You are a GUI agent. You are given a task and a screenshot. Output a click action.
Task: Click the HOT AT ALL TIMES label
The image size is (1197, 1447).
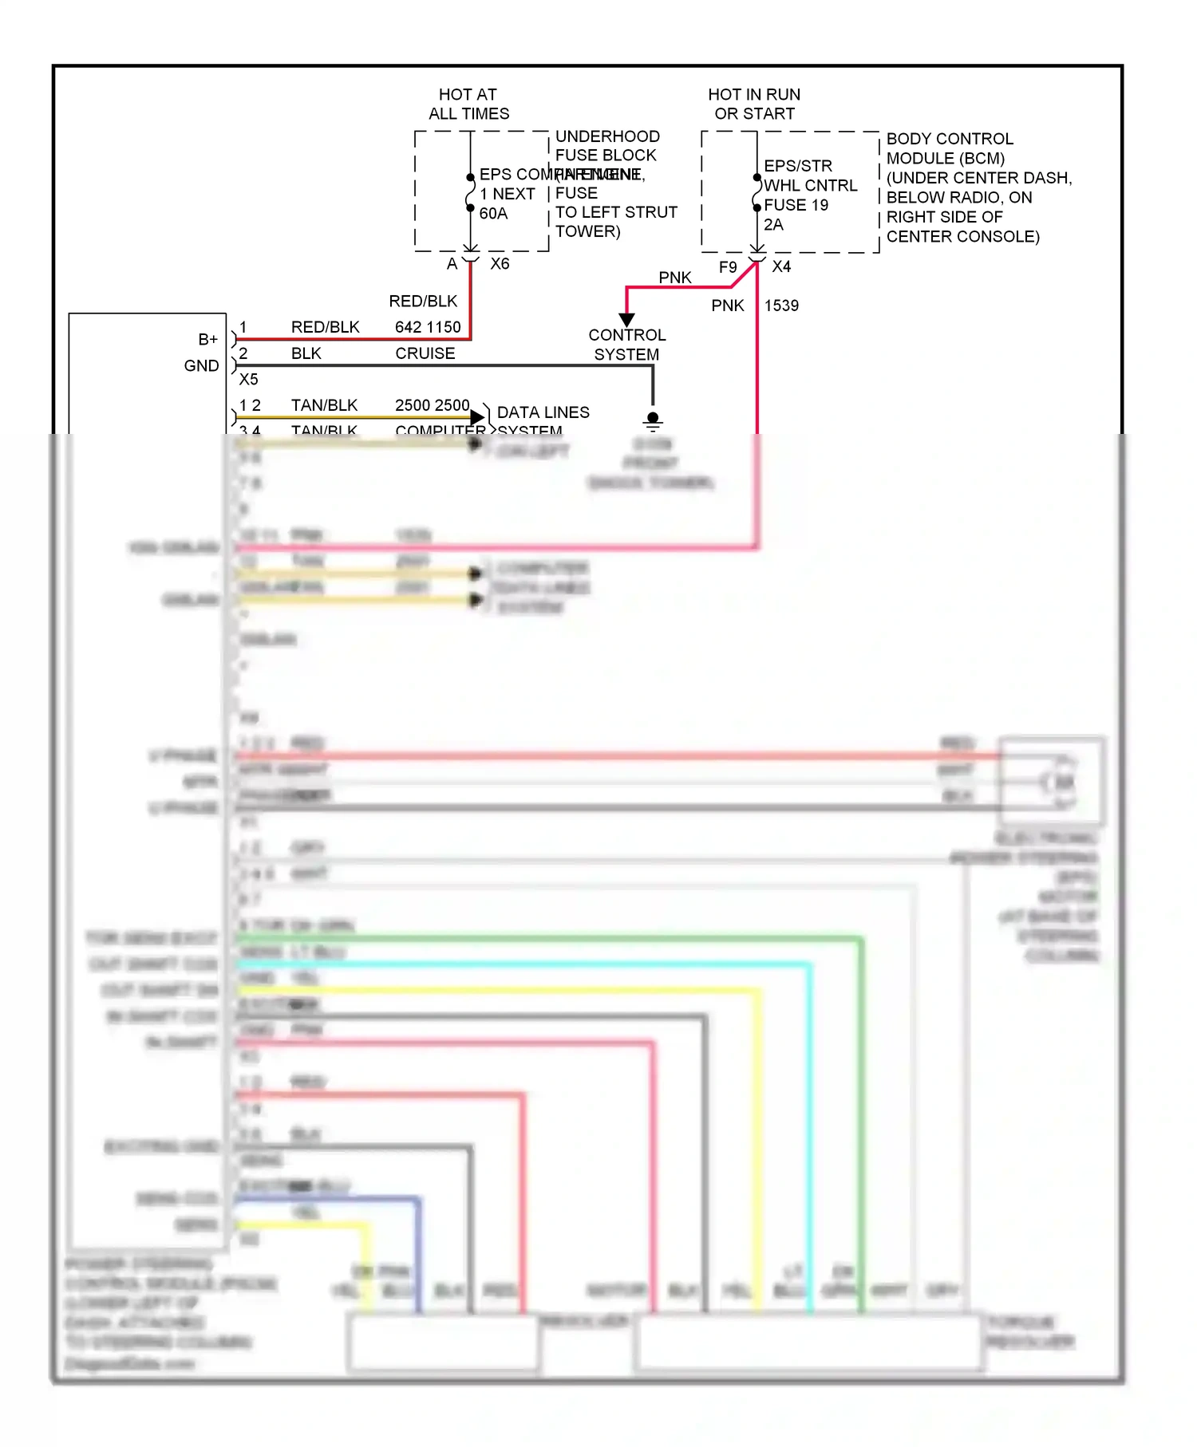tap(468, 104)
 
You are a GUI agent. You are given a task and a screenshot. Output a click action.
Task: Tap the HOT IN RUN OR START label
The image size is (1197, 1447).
tap(754, 104)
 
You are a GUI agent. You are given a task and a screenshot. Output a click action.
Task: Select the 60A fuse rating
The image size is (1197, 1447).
tap(493, 213)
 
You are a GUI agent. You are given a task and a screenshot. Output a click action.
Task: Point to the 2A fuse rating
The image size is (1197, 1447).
tap(773, 225)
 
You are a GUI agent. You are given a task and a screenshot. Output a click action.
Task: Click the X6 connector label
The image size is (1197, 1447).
tap(500, 264)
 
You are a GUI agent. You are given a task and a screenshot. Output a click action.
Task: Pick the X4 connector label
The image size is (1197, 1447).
tap(781, 266)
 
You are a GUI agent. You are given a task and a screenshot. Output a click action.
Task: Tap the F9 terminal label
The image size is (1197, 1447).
tap(728, 267)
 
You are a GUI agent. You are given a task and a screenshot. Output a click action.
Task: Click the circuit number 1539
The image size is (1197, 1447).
tap(781, 306)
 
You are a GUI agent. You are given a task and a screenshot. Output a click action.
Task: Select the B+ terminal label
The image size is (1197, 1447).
tap(207, 340)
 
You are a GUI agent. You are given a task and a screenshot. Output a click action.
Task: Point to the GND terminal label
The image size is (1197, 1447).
tap(201, 366)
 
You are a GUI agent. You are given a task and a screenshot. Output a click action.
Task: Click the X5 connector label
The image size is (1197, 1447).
tap(248, 380)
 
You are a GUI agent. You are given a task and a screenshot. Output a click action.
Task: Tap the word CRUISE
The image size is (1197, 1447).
tap(425, 353)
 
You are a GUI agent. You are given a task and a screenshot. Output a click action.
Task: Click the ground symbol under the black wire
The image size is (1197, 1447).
tap(653, 421)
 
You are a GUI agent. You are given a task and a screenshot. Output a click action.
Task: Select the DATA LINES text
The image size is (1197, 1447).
tap(543, 412)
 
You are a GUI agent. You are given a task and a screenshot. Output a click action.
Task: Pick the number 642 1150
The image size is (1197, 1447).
tap(428, 327)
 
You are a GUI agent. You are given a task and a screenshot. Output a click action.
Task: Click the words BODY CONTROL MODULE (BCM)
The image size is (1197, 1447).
tap(950, 148)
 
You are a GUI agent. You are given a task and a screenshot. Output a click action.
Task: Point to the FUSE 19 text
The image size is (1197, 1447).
tap(796, 205)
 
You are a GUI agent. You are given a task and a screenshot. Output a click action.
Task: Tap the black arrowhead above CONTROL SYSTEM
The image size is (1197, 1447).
tap(626, 319)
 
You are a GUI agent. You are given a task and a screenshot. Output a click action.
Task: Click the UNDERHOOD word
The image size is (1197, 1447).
tap(607, 136)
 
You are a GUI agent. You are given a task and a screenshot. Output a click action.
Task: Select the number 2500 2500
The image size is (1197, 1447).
tap(432, 405)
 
